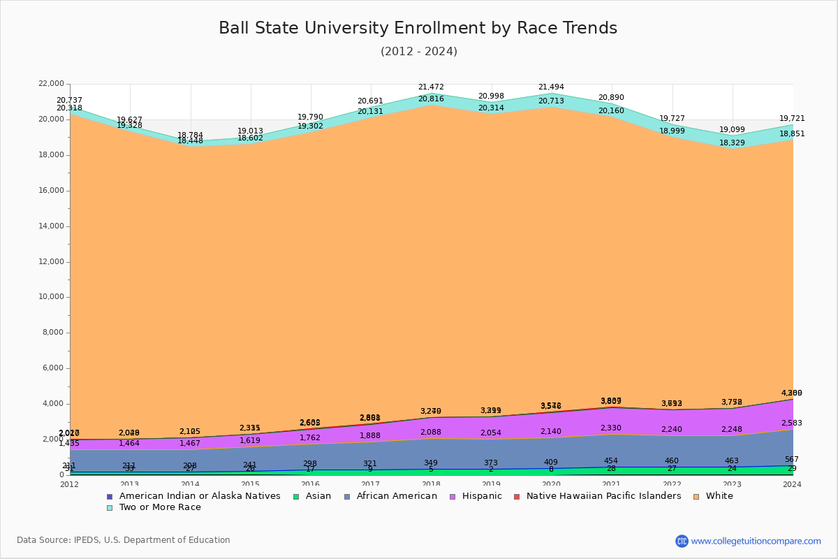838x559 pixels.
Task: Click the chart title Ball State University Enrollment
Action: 418,29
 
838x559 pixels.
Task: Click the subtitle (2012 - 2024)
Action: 418,52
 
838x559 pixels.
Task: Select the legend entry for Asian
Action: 317,496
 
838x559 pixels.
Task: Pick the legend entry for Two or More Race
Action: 159,507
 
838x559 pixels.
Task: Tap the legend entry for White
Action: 719,496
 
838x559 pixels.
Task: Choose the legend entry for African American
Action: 396,496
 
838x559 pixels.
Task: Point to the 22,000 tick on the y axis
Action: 52,84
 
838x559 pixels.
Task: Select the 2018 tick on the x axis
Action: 432,484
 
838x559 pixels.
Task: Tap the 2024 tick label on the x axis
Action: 793,484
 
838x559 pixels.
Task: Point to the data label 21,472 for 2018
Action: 431,87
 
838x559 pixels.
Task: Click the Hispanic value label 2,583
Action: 792,423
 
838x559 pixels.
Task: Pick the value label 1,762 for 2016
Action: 310,438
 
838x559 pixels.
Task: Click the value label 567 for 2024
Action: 792,460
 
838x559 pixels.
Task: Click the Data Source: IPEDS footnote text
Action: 124,540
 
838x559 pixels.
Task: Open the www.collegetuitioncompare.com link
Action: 756,541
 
